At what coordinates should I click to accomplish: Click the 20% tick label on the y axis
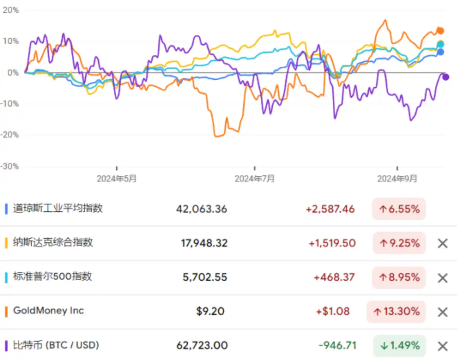pos(11,10)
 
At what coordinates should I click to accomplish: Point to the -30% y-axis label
pos(10,166)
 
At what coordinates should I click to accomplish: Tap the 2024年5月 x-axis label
pos(117,178)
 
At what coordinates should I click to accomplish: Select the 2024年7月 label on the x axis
pos(254,178)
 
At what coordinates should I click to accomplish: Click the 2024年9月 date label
pos(397,178)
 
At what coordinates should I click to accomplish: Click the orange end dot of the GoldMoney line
pos(440,31)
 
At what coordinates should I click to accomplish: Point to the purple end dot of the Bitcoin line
pos(446,77)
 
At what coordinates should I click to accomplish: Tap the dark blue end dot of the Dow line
pos(440,52)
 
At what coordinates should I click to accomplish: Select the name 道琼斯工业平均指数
pos(58,208)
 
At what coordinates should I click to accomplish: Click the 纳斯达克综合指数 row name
pos(53,243)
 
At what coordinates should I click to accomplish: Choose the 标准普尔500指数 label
pos(53,277)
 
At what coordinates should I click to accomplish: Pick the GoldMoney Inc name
pos(48,311)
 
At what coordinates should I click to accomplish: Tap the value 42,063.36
pos(202,209)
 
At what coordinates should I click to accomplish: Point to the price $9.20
pos(210,311)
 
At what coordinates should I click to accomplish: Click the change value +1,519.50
pos(332,243)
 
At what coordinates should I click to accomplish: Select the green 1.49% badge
pos(400,346)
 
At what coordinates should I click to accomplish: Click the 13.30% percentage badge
pos(396,312)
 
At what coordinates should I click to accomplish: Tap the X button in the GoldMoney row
pos(443,312)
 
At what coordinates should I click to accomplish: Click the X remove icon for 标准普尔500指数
pos(443,278)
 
